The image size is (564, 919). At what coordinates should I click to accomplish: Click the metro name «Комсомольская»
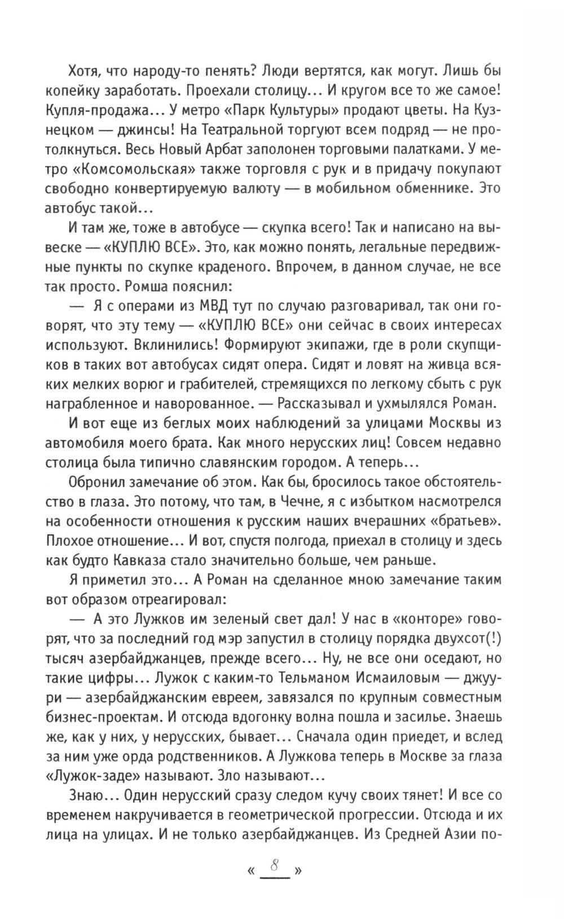pyautogui.click(x=125, y=168)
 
